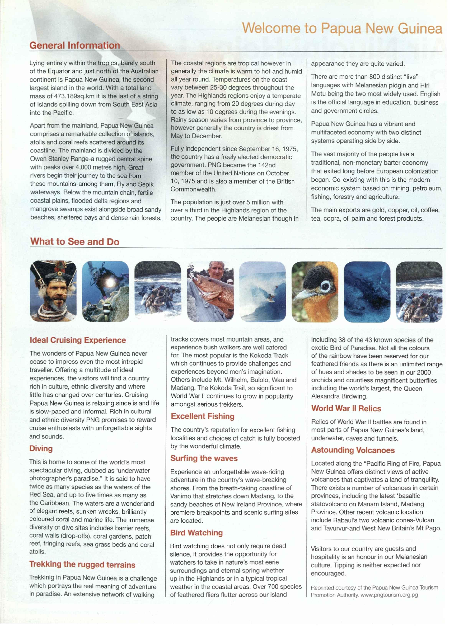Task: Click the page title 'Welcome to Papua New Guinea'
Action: point(342,28)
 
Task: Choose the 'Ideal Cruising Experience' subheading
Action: point(78,340)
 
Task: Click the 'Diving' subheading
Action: point(41,448)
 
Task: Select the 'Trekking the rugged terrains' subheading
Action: point(82,564)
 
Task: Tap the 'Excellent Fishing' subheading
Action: point(203,416)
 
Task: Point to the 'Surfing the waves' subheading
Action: point(204,458)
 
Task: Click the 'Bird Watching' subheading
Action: point(196,533)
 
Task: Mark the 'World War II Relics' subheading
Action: point(346,408)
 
